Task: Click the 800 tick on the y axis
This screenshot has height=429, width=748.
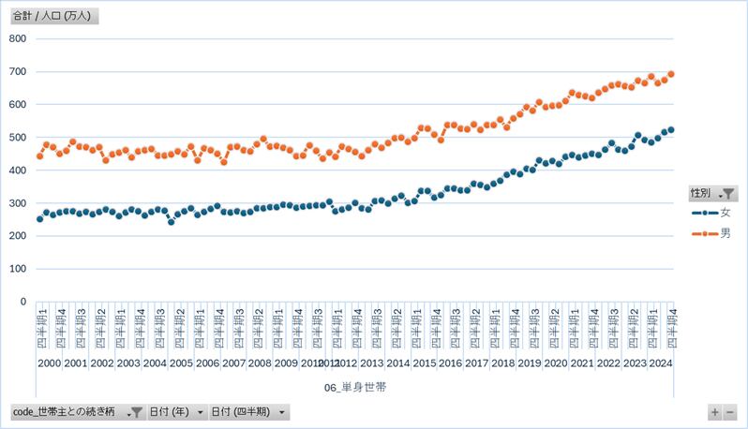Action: pyautogui.click(x=17, y=38)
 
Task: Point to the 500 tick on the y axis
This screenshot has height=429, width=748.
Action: pyautogui.click(x=17, y=137)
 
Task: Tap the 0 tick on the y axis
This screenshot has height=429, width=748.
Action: pyautogui.click(x=24, y=302)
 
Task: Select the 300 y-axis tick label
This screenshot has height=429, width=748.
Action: pyautogui.click(x=17, y=203)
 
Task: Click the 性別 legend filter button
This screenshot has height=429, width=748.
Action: pyautogui.click(x=713, y=193)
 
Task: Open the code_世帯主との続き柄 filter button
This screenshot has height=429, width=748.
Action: pyautogui.click(x=78, y=411)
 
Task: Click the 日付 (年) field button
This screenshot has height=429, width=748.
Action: pyautogui.click(x=178, y=411)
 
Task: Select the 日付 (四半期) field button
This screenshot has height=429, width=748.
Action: pyautogui.click(x=248, y=411)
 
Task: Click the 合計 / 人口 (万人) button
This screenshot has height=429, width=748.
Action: pyautogui.click(x=55, y=16)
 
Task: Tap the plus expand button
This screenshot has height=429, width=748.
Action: pyautogui.click(x=715, y=411)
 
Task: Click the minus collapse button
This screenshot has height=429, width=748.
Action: pyautogui.click(x=730, y=411)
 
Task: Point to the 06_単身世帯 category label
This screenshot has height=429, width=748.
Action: pyautogui.click(x=354, y=387)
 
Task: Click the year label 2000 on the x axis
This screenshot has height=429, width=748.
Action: pyautogui.click(x=50, y=363)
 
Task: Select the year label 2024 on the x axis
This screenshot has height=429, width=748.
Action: pyautogui.click(x=660, y=363)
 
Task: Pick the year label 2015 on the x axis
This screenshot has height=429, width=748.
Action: pyautogui.click(x=424, y=363)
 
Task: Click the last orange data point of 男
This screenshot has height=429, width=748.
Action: pyautogui.click(x=671, y=74)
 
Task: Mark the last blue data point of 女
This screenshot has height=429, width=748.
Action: pyautogui.click(x=671, y=130)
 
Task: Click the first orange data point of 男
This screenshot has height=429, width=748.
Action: pyautogui.click(x=39, y=155)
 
